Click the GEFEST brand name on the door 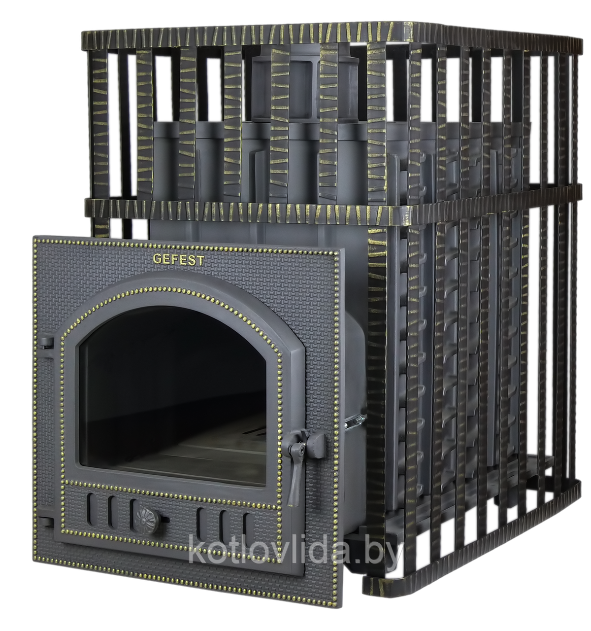tap(178, 260)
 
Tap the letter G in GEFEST tap(157, 258)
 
